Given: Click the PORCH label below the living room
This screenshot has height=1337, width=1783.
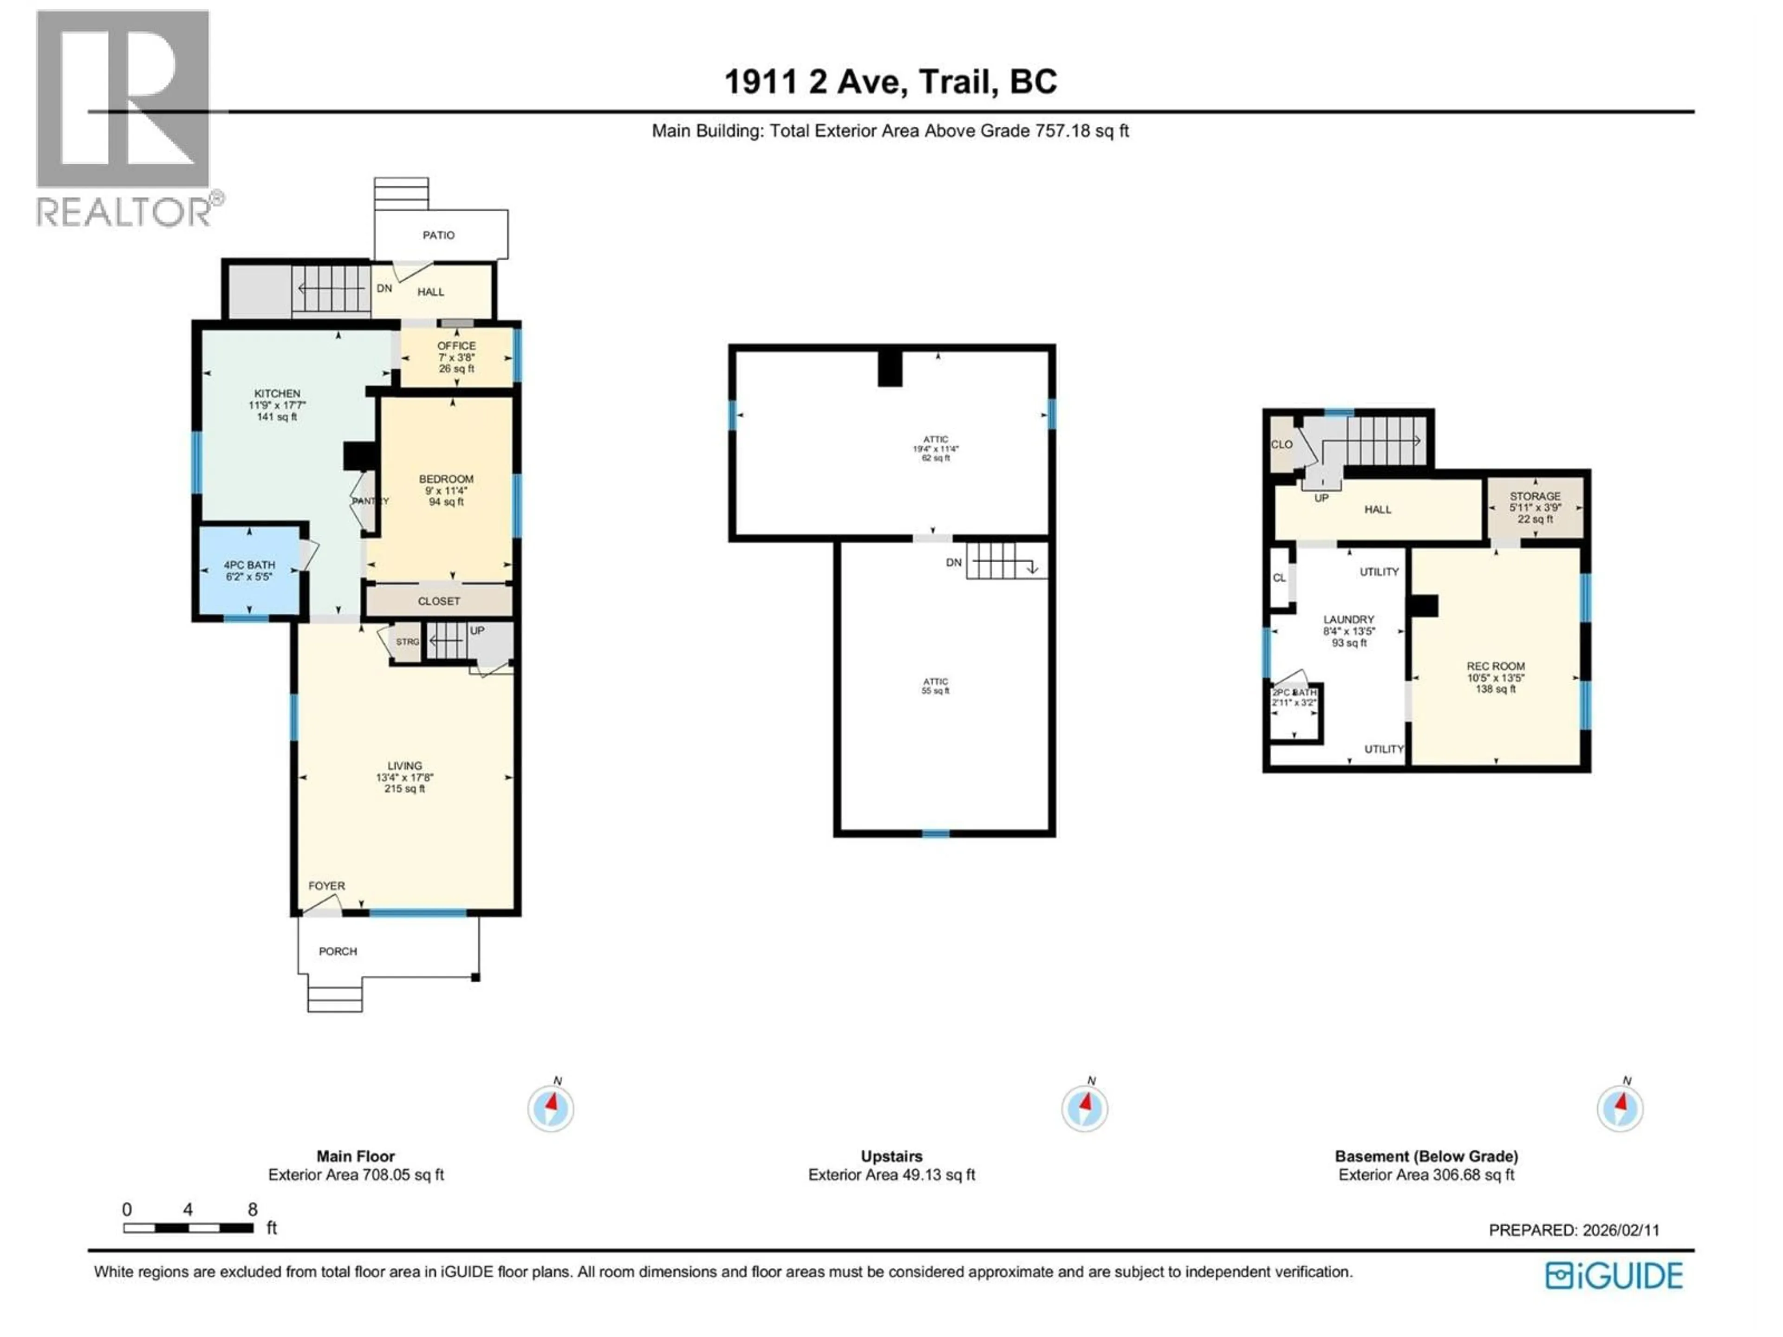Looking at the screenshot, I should pos(338,951).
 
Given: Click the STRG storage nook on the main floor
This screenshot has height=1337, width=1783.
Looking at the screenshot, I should pos(407,642).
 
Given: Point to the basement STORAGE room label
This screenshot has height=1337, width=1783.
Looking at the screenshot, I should pos(1535,496).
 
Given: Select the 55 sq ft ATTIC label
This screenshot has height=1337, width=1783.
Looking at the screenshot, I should pos(936,686).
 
